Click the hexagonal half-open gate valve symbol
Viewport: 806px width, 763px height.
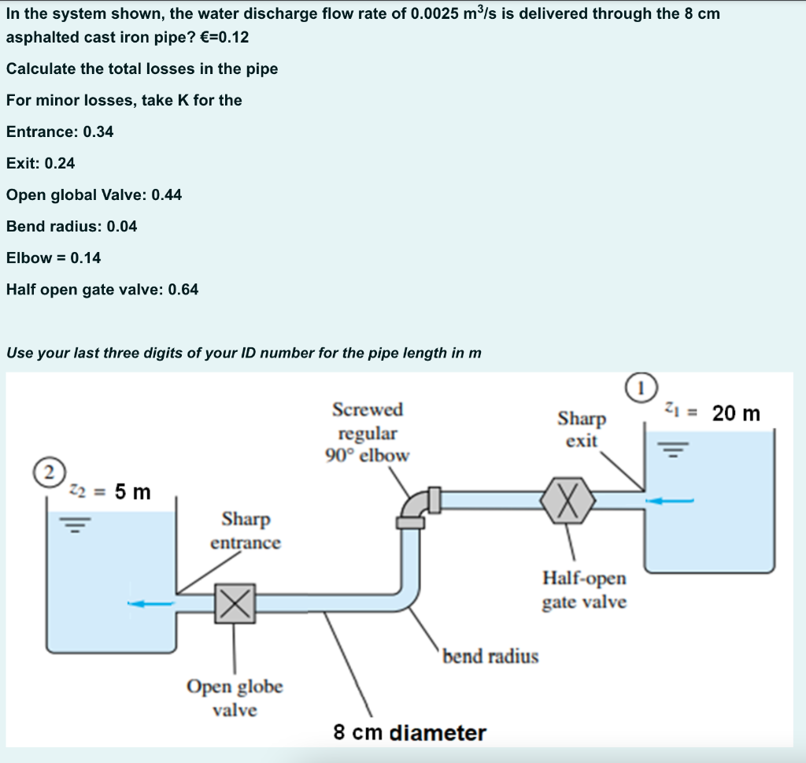click(569, 499)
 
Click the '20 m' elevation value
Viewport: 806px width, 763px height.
click(736, 413)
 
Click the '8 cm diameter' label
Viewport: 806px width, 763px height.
click(409, 733)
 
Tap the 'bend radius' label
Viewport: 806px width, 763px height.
click(491, 656)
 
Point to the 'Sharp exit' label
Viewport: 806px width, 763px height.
click(582, 429)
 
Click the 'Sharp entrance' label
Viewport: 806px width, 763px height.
click(245, 531)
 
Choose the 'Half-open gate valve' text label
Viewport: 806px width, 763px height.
click(584, 590)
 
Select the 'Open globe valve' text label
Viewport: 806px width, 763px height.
click(235, 698)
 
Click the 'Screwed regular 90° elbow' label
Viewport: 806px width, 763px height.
click(368, 432)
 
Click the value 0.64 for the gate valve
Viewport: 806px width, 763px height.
click(183, 289)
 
